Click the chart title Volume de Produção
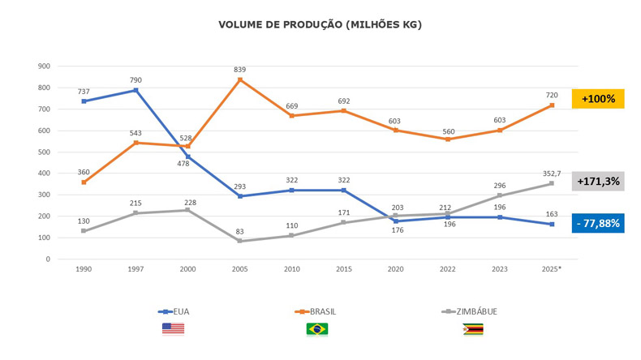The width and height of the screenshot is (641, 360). click(320, 25)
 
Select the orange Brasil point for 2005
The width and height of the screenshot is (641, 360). click(240, 79)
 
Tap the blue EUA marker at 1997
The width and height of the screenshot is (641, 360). click(136, 90)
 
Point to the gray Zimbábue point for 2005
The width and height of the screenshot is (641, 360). click(240, 241)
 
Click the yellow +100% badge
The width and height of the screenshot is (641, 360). click(598, 98)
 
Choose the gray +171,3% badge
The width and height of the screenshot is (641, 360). click(598, 181)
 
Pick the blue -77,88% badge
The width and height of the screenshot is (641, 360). click(598, 223)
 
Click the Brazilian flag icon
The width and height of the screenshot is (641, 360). click(317, 329)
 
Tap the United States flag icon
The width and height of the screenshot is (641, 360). click(173, 329)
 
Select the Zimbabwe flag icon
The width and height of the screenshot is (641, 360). click(473, 329)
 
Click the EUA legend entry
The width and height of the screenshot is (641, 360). click(174, 312)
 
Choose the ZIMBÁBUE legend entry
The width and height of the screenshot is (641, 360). click(469, 312)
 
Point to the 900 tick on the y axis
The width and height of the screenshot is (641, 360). click(44, 66)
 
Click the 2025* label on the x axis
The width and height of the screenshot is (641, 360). click(552, 269)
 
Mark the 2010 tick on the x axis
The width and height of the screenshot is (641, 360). click(292, 269)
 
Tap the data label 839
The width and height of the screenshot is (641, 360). click(240, 70)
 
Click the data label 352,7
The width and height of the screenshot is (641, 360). click(552, 174)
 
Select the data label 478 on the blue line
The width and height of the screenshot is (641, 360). click(183, 164)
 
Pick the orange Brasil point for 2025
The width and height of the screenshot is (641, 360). click(552, 105)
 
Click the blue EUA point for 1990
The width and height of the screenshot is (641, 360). click(84, 101)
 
